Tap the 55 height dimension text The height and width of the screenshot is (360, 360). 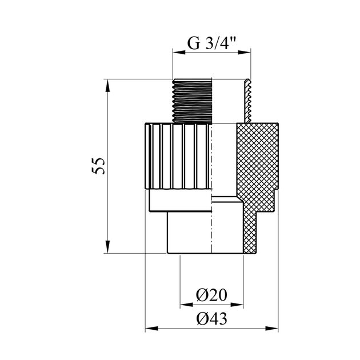tap(98, 166)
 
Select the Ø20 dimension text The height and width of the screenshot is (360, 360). tap(211, 295)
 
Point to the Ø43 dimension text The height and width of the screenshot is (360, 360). tap(211, 318)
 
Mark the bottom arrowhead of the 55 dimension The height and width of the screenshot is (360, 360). tap(107, 247)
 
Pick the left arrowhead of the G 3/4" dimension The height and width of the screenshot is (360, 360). tap(179, 53)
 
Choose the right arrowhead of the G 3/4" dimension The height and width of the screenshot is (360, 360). tap(245, 53)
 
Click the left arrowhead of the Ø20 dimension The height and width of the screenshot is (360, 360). tap(186, 305)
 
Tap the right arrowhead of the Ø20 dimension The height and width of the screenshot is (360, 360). tap(237, 305)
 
